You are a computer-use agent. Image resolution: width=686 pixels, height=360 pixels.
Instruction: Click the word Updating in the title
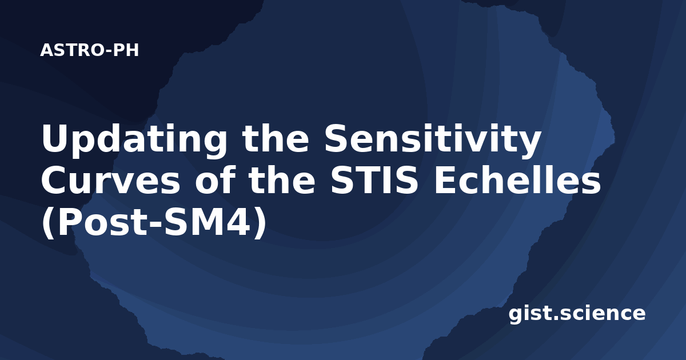click(x=134, y=140)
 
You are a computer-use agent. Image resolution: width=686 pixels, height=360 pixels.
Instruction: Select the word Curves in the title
click(x=111, y=181)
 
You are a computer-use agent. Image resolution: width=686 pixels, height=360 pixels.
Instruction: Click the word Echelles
click(x=517, y=180)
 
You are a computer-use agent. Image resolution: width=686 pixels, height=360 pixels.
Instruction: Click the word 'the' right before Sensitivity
click(x=276, y=138)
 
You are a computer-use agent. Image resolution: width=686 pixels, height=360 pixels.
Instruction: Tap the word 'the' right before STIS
click(x=282, y=180)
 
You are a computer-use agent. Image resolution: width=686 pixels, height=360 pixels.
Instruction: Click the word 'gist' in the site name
click(x=529, y=314)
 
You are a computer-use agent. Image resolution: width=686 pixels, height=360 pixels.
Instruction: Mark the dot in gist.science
click(x=555, y=318)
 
